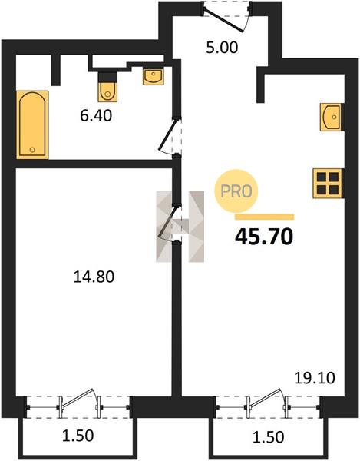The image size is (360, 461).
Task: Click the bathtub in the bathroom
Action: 32,125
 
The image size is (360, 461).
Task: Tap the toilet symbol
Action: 107,88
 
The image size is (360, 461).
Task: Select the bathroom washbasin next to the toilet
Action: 153,77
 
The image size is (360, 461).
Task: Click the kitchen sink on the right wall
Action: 332,117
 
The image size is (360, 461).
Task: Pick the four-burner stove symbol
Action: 328,183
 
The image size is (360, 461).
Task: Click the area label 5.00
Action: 222,48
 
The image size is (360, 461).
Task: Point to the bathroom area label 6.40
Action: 96,115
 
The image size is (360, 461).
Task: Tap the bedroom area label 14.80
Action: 94,277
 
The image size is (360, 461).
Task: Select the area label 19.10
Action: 315,378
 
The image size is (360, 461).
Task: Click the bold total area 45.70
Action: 264,237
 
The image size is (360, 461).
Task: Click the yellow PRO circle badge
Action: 236,191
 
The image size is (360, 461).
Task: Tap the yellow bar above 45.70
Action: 265,217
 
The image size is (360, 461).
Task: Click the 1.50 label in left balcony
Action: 78,436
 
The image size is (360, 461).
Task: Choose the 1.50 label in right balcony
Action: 269,437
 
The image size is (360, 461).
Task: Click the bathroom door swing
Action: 169,135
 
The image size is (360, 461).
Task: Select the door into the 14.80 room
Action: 169,224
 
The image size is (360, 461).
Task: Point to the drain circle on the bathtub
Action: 32,150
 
